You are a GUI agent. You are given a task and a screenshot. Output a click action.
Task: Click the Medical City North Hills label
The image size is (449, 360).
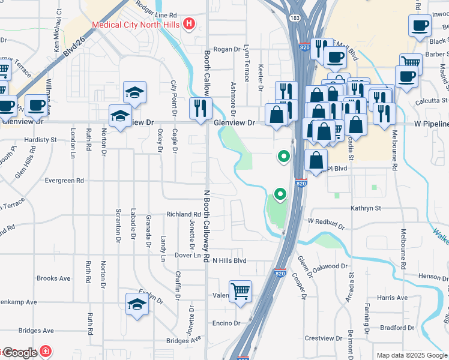click(136, 25)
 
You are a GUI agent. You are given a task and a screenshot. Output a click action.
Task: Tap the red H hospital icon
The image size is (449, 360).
click(189, 24)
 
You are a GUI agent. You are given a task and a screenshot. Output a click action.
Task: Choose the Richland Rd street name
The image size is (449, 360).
click(183, 214)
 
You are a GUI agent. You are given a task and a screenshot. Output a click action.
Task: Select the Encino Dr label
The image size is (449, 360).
click(226, 323)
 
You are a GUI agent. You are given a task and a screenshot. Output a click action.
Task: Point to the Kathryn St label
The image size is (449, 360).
click(366, 208)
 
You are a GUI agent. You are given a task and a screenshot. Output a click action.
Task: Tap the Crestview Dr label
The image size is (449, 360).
click(322, 338)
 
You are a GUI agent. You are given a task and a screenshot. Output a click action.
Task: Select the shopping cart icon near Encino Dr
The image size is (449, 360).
click(241, 292)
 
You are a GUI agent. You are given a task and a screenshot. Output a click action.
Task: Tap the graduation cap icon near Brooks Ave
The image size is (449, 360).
click(137, 304)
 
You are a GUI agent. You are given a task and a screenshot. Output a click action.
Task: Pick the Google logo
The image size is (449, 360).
click(21, 353)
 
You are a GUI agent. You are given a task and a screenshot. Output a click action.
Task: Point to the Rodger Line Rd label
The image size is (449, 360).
click(156, 14)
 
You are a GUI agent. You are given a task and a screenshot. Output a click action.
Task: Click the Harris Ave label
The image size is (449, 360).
click(393, 298)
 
